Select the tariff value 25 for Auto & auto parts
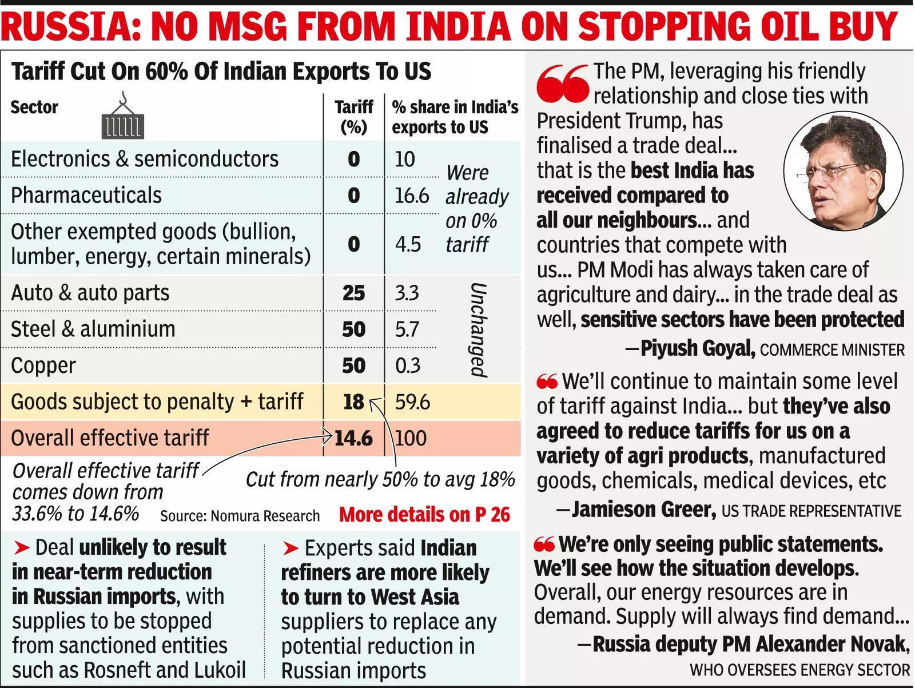(353, 293)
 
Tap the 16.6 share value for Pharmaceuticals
(411, 196)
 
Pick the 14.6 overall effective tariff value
(353, 438)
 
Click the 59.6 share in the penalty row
(412, 402)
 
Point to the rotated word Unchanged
(478, 330)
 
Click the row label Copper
(43, 365)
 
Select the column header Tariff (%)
(353, 117)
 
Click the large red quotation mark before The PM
(562, 83)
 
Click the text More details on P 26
(424, 514)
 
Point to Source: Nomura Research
(240, 516)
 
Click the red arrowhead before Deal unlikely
(22, 548)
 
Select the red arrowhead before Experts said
(291, 548)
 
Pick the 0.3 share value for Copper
(407, 365)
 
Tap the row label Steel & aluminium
(93, 329)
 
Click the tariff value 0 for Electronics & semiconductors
(353, 159)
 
